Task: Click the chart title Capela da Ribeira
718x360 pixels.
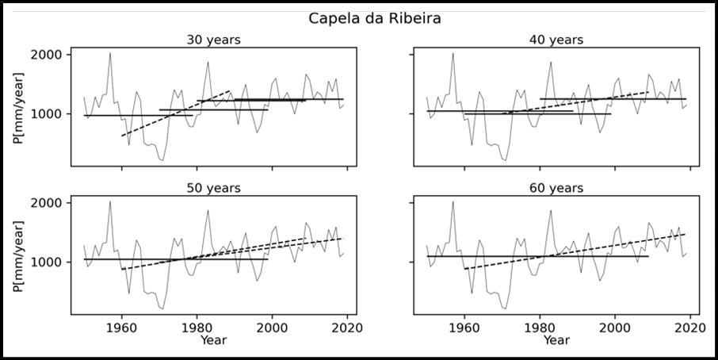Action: coord(359,18)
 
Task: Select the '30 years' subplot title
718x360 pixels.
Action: coord(213,40)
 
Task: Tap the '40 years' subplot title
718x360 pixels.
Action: coord(556,40)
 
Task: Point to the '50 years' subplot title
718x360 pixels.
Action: coord(213,188)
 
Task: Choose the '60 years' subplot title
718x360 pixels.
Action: coord(556,188)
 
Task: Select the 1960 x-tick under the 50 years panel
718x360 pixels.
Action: coord(122,327)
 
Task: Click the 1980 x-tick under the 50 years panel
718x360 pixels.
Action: coord(197,327)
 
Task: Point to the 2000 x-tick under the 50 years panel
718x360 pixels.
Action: coord(273,327)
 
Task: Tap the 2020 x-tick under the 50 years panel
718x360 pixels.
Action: coord(348,327)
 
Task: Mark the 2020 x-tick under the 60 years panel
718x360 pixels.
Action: coord(690,327)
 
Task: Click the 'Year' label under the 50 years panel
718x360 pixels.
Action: coord(213,340)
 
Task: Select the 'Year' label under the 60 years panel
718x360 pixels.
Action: coord(556,340)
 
